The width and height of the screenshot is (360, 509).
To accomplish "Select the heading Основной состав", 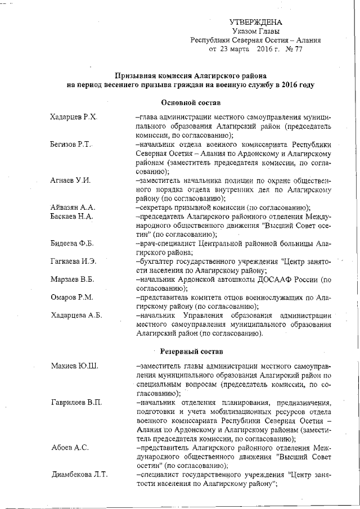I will (190, 103).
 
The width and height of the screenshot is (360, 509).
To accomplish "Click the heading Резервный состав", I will (190, 352).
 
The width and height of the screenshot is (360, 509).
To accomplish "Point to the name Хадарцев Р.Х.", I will (74, 118).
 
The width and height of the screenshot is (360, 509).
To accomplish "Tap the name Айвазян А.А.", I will (73, 208).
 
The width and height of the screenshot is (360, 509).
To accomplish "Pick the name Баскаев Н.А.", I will (72, 217).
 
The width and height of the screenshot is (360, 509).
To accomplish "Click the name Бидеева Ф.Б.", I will (72, 244).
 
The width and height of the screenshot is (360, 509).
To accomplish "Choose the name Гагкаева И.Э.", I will (74, 262).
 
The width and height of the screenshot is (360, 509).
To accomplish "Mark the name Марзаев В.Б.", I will (72, 280).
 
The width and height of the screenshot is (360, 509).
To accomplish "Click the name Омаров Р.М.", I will (71, 298).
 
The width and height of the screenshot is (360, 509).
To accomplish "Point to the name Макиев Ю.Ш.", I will (74, 367).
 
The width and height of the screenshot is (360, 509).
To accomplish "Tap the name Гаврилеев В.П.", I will (76, 403).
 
